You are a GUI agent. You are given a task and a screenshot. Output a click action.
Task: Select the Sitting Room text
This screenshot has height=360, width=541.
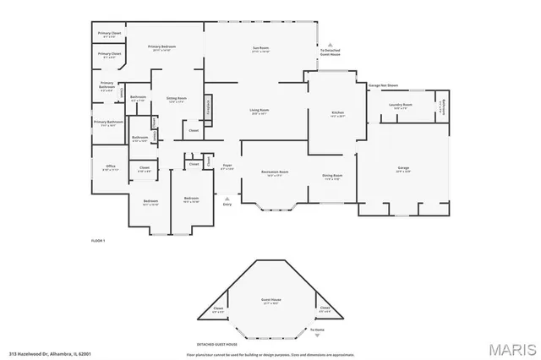tap(176, 100)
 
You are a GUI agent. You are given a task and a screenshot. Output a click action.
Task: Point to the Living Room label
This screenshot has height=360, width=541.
tap(259, 112)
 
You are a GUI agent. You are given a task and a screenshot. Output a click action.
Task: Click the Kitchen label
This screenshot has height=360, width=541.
tap(336, 114)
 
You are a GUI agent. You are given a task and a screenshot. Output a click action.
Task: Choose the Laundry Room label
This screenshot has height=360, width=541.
tap(399, 106)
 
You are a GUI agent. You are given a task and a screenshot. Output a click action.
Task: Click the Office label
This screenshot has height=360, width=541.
tap(110, 167)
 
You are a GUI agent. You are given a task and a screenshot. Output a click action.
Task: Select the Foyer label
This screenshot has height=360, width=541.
tap(227, 166)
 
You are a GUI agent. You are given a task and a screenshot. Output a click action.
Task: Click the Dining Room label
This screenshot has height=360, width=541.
tap(331, 177)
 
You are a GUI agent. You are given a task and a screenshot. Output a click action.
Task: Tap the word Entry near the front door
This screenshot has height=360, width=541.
tap(227, 205)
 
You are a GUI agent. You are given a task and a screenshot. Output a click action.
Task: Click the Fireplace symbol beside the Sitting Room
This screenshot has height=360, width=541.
tap(207, 108)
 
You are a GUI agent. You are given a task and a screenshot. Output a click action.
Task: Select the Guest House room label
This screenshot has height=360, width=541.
tap(270, 302)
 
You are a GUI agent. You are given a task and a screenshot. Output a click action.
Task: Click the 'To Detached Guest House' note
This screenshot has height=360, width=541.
tap(331, 53)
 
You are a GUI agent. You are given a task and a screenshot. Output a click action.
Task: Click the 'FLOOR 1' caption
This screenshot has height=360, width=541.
tap(97, 241)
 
